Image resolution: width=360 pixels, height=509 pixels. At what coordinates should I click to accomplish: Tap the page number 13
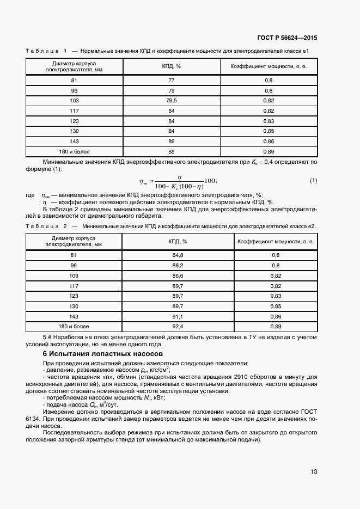(x=314, y=471)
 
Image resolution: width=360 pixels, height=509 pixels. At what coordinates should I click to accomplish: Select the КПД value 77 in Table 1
(x=172, y=81)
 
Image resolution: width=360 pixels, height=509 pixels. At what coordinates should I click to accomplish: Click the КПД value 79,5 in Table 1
(x=172, y=101)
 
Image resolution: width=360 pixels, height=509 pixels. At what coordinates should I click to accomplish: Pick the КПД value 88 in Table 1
(x=172, y=151)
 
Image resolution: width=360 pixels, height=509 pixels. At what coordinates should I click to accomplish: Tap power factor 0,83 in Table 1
(x=268, y=121)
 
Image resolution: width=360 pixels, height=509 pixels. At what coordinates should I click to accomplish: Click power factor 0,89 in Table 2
(x=275, y=327)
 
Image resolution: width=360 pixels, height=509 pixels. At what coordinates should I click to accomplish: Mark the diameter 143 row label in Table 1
(x=75, y=141)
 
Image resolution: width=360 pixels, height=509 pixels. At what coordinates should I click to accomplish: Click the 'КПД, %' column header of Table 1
(x=172, y=66)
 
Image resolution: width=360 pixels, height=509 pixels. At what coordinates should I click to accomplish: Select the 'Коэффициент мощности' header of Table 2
(x=275, y=242)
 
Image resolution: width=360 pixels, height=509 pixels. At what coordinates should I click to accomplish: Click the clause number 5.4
(x=48, y=338)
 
